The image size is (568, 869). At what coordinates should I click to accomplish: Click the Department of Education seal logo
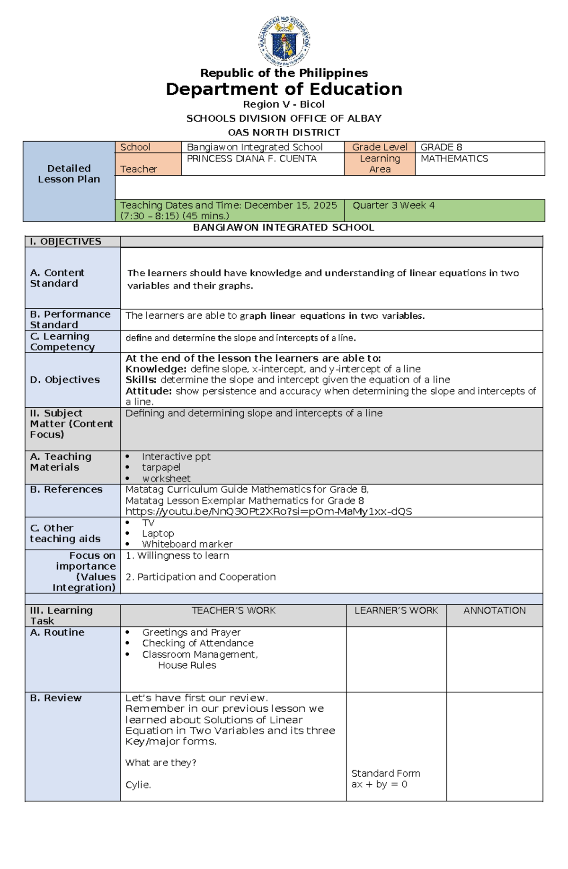tap(284, 41)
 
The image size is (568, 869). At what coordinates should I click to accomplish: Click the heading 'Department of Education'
tap(284, 89)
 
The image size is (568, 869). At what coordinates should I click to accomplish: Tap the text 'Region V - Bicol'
tap(284, 104)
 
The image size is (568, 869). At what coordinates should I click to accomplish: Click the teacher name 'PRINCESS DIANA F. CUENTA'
tap(252, 159)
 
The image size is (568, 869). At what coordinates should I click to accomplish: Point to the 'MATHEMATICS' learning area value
tap(454, 159)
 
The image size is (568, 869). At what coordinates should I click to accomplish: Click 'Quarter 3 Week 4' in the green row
tap(393, 205)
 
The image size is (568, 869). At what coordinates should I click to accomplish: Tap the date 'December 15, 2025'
tap(291, 205)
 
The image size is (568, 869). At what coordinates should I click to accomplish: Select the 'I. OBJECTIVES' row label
tap(66, 242)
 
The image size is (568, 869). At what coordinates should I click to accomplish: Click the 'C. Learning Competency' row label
tap(62, 341)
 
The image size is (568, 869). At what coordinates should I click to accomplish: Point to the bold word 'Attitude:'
tap(148, 391)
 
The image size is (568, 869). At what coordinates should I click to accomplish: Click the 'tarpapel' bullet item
tap(161, 467)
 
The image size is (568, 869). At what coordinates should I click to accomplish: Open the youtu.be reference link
tap(268, 511)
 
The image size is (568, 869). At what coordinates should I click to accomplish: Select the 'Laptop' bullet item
tap(158, 534)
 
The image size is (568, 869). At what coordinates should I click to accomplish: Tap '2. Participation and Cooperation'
tap(201, 577)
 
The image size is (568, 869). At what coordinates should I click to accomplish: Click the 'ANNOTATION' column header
tap(494, 610)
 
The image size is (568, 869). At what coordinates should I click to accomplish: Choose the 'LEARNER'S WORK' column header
tap(396, 610)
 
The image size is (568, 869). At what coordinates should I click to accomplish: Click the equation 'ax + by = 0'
tap(379, 784)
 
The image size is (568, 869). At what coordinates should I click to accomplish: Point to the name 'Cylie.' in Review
tap(138, 785)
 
